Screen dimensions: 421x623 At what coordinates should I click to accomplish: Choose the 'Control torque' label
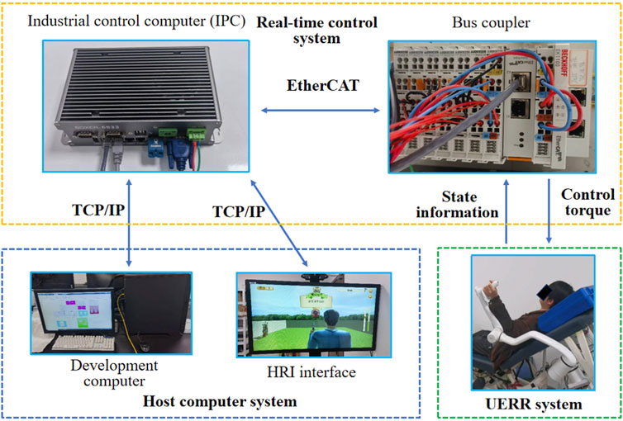pyautogui.click(x=587, y=204)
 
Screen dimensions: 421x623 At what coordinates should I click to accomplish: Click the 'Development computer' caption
pyautogui.click(x=90, y=373)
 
